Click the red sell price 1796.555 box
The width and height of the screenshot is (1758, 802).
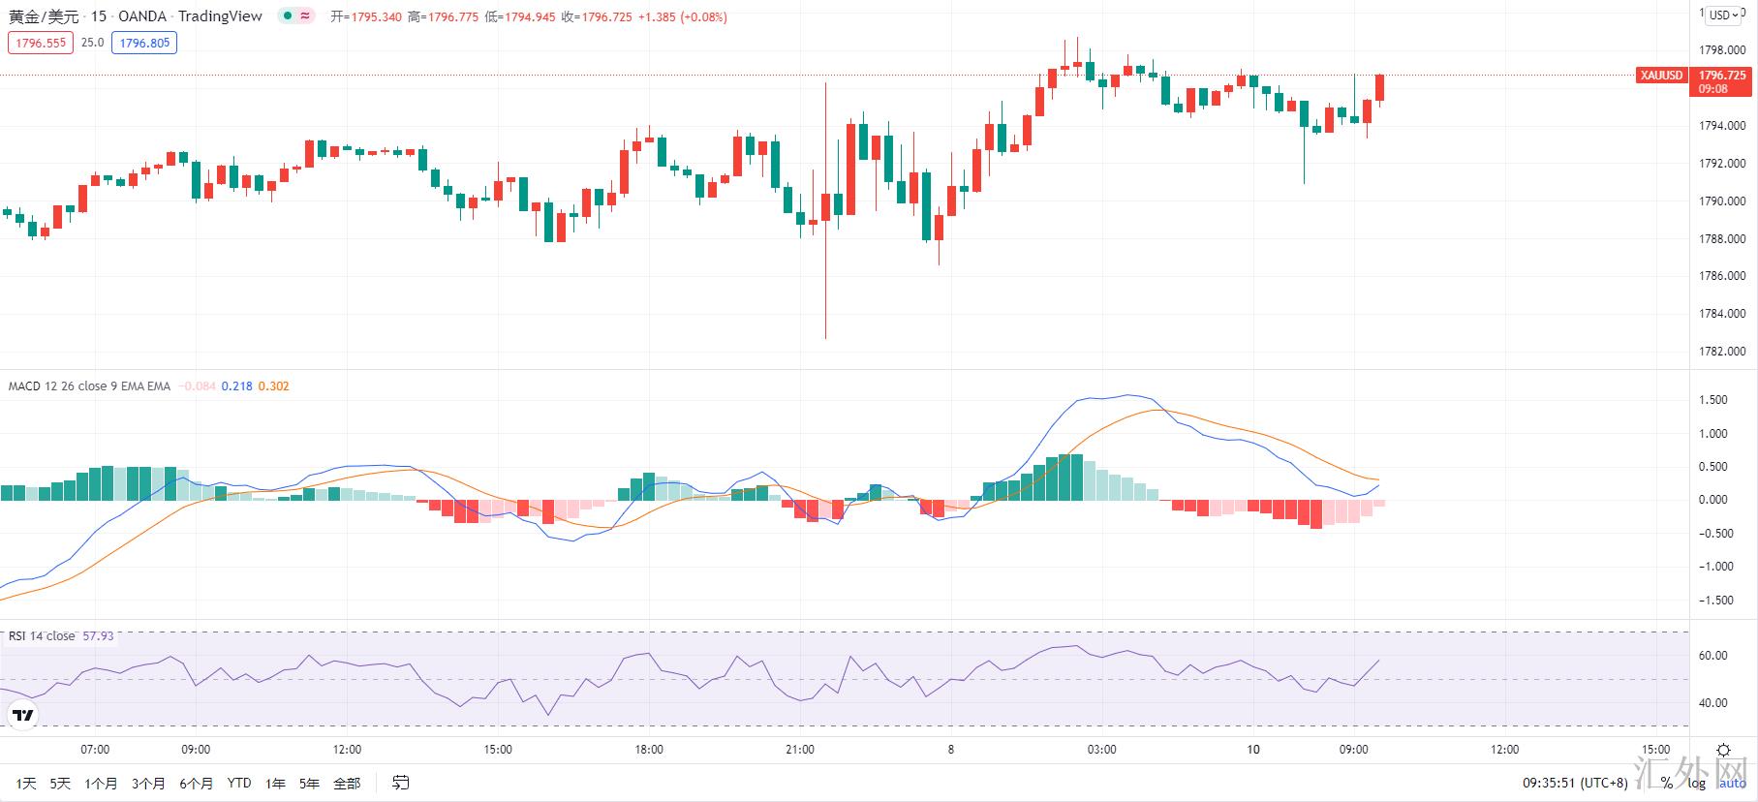coord(41,43)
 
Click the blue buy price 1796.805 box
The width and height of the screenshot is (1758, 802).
coord(144,43)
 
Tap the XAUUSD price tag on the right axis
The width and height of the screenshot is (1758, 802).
coord(1661,76)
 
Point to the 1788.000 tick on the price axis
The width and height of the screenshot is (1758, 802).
coord(1722,239)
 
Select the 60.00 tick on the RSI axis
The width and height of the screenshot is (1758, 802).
coord(1713,656)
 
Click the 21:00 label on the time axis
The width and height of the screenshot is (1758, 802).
coord(800,750)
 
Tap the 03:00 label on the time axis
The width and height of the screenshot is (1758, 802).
coord(1101,750)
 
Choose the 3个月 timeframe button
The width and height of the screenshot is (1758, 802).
coord(148,784)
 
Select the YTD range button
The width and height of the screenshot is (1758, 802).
coord(238,784)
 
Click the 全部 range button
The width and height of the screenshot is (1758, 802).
coord(347,784)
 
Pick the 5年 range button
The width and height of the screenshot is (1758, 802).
coord(309,784)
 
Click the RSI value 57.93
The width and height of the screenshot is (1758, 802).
coord(98,636)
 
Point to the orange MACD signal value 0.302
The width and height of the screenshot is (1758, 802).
coord(273,386)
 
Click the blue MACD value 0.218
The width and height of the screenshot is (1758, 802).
coord(236,386)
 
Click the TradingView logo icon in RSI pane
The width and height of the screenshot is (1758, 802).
coord(22,716)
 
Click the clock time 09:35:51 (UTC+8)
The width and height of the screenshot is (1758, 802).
coord(1575,783)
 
